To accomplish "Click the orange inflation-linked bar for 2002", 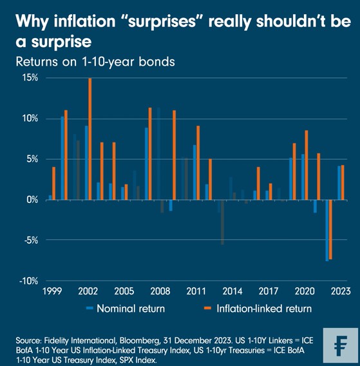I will coord(90,139).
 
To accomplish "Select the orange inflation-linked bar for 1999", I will coord(53,183).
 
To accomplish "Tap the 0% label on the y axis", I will coord(32,200).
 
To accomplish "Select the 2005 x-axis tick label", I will coord(125,291).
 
